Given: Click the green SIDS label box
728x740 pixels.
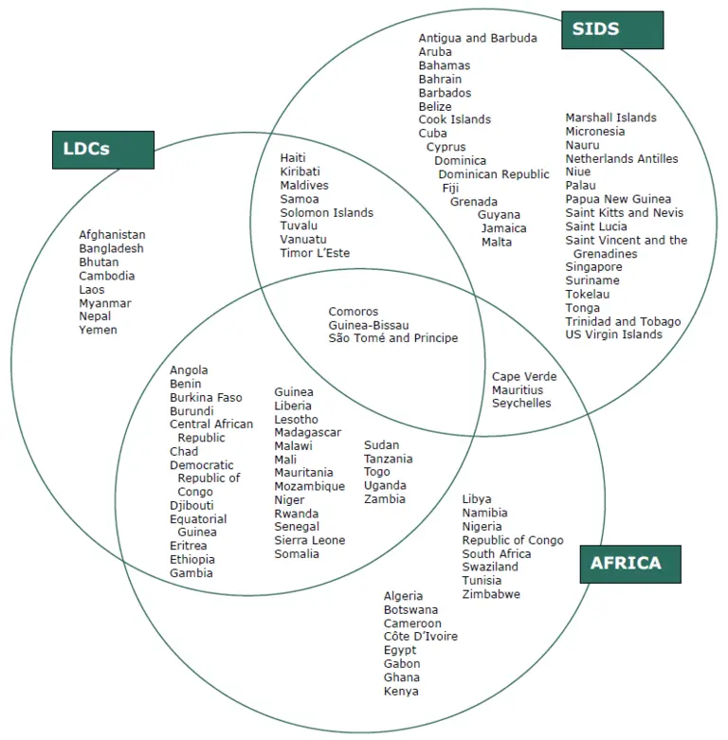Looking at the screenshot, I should [x=611, y=29].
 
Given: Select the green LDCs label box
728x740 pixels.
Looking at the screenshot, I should [x=101, y=150].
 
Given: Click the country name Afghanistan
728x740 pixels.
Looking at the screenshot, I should [x=112, y=235].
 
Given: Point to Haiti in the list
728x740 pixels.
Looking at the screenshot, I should [x=294, y=158].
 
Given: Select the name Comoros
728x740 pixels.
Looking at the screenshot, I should [x=353, y=312].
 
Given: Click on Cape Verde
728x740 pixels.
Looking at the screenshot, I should [x=524, y=377].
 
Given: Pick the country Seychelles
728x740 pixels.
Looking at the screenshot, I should [x=520, y=404].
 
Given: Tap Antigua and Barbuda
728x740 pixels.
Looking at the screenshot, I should [x=478, y=39].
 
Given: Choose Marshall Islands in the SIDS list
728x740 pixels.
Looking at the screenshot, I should [x=610, y=118].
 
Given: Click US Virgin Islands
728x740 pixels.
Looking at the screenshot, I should [x=613, y=334].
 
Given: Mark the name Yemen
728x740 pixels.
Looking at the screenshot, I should [x=98, y=331].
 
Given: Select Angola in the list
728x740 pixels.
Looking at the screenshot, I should [x=189, y=370].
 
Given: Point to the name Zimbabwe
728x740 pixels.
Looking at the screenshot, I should [x=491, y=595].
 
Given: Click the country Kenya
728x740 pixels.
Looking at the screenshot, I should [x=400, y=692].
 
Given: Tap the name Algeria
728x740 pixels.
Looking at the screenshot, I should [x=404, y=597].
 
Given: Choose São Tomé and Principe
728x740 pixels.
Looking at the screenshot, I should [x=392, y=338].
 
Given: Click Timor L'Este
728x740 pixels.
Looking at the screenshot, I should [x=315, y=254].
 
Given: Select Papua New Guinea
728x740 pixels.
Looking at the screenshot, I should [x=618, y=200].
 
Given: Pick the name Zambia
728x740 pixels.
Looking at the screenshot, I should [x=384, y=499].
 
